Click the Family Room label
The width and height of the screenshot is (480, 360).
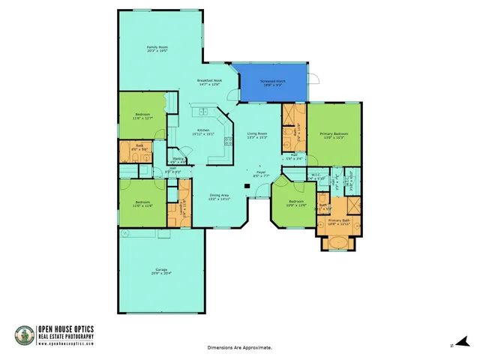pyautogui.click(x=157, y=49)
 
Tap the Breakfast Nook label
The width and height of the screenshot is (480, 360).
pyautogui.click(x=209, y=82)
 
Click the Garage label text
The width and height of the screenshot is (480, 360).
pyautogui.click(x=161, y=271)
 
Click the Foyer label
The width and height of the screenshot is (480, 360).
pyautogui.click(x=261, y=173)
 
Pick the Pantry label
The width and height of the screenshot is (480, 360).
pyautogui.click(x=178, y=160)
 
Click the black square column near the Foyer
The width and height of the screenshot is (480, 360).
pyautogui.click(x=247, y=186)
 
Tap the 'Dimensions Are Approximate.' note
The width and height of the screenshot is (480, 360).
pyautogui.click(x=239, y=348)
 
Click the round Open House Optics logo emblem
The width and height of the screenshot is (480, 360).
pyautogui.click(x=24, y=334)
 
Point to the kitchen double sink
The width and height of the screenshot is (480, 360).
pyautogui.click(x=201, y=112)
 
